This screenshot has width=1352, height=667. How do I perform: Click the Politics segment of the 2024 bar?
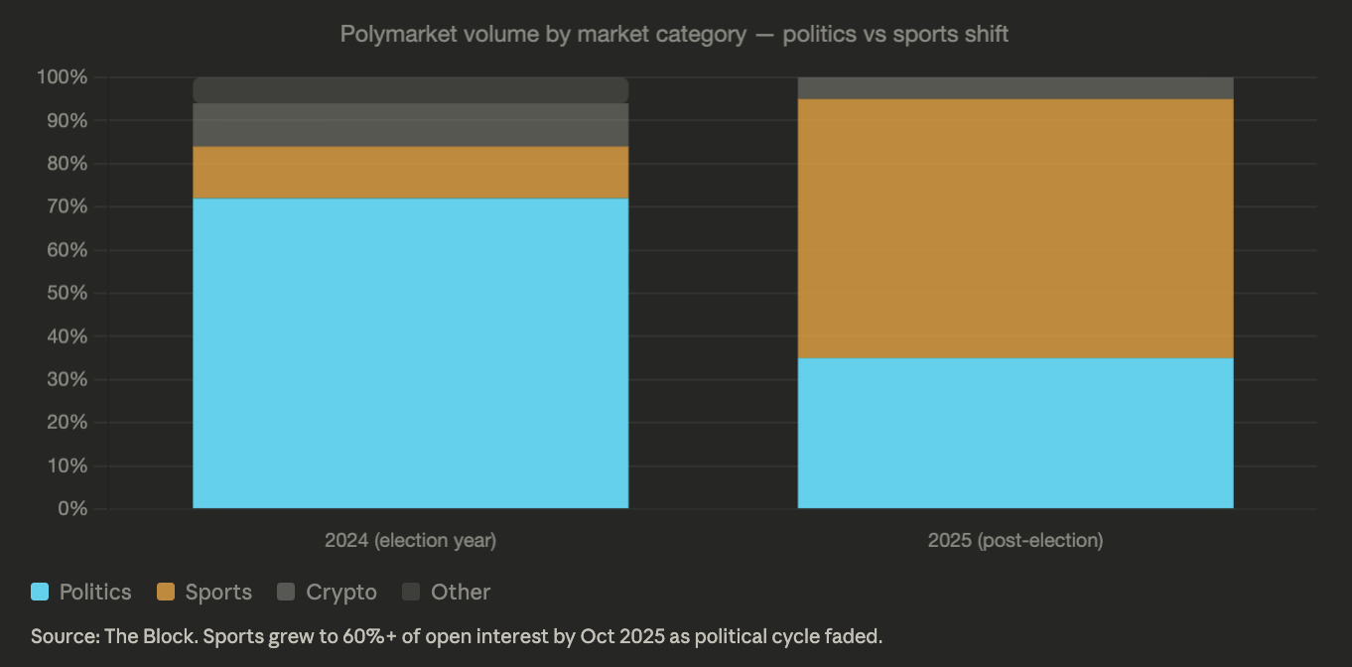coord(410,353)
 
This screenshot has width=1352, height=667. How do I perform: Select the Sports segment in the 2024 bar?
coord(410,173)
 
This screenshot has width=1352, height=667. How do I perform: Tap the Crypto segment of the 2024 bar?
coord(410,125)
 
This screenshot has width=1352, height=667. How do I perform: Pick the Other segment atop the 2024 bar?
coord(410,90)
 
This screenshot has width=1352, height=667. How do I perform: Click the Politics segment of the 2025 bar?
coord(1015,433)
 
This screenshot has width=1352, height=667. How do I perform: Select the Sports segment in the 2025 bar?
coord(1015,228)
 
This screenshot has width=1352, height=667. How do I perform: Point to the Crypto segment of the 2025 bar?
coord(1015,88)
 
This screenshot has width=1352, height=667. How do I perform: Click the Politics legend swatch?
coord(40,593)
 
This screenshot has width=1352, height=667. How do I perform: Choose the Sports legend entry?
coord(204,593)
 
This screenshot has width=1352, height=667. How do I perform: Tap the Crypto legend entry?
coord(328,593)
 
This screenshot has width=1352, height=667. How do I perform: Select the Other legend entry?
coord(447,593)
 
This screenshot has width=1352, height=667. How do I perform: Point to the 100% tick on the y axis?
coord(62,77)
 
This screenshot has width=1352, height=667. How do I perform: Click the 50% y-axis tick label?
coord(66,294)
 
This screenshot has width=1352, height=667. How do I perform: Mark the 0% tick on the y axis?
coord(72,509)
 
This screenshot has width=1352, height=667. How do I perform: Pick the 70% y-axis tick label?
coord(66,207)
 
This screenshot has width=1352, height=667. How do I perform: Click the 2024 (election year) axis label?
coord(410,541)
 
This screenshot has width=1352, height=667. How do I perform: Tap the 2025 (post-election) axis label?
coord(1015,541)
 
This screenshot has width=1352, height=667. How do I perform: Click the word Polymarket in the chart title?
coord(390,34)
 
